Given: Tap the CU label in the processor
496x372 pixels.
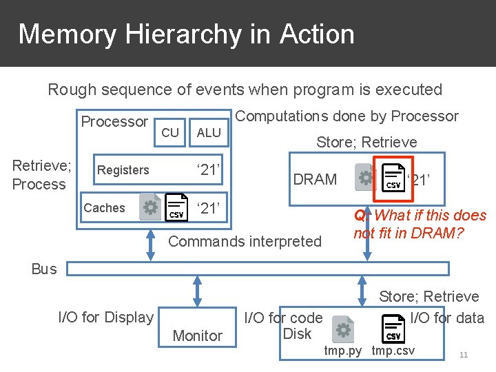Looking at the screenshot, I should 169,132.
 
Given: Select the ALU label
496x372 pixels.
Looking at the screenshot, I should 209,132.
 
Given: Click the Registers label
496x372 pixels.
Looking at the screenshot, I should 123,170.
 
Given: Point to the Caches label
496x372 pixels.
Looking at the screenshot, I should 104,208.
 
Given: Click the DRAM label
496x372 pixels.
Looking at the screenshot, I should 315,180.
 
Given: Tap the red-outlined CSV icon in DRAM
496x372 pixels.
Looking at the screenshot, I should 393,177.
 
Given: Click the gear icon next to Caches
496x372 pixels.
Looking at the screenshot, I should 150,207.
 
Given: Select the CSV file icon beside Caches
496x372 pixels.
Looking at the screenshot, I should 176,207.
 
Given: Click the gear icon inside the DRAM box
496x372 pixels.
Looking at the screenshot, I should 365,177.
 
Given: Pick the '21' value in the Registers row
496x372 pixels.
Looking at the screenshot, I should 208,169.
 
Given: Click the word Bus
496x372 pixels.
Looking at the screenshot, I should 44,269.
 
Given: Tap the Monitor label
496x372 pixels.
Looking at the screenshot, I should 198,335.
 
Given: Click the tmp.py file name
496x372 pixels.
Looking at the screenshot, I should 343,351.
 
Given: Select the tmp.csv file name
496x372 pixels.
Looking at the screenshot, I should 393,351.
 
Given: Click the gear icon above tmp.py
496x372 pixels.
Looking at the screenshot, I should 342,329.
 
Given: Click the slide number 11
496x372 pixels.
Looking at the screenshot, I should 464,355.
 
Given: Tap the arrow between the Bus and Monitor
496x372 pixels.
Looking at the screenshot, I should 198,291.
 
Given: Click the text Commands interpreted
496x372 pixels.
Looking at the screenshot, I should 245,241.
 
